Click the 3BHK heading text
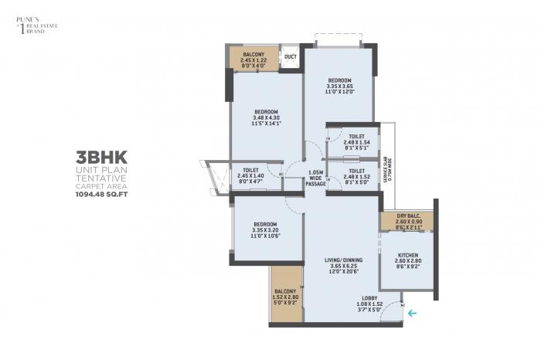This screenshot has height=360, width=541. (x=97, y=155)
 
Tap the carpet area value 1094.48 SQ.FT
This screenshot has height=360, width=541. (x=97, y=195)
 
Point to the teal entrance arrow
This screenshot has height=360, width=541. (x=413, y=313)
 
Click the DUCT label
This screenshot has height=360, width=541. (x=290, y=57)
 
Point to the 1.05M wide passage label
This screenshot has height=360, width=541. (x=315, y=178)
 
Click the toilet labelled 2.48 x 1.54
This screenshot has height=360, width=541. (x=356, y=140)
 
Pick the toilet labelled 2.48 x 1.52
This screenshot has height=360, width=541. (x=356, y=175)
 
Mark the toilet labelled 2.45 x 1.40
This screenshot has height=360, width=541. (x=250, y=175)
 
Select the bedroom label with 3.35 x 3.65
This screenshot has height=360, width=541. (x=339, y=86)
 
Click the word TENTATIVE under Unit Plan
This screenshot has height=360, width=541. (x=97, y=178)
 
